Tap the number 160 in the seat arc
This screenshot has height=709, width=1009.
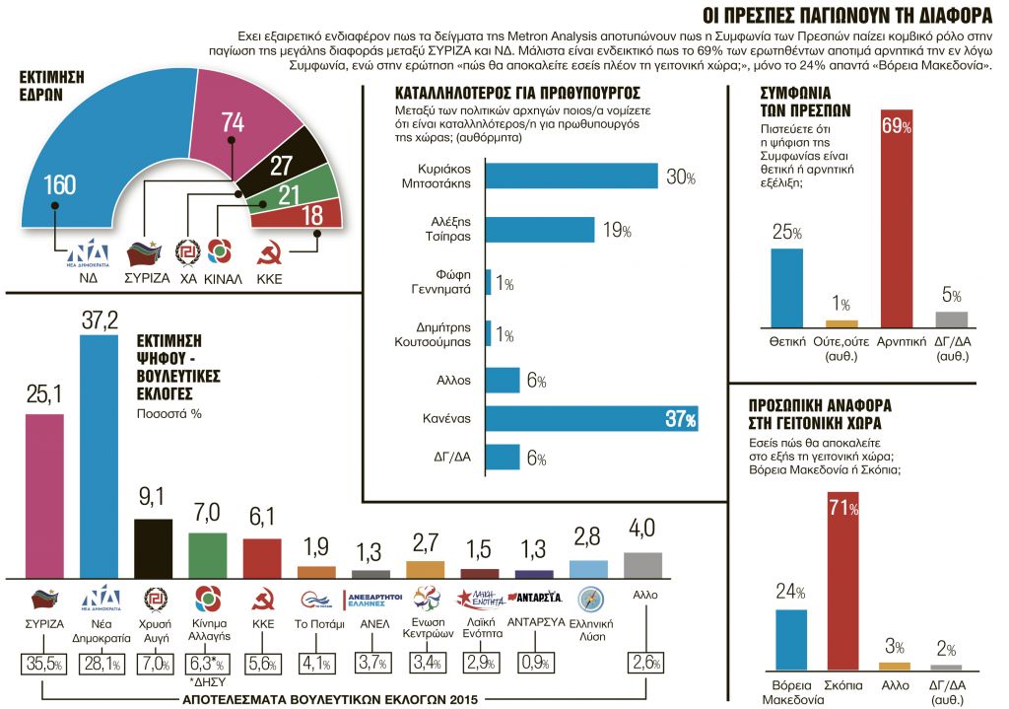(x=58, y=186)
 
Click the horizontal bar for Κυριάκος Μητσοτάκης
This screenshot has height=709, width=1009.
(x=572, y=177)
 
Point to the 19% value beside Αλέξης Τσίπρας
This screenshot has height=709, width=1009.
(x=617, y=231)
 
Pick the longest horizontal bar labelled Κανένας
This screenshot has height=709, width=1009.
(x=592, y=419)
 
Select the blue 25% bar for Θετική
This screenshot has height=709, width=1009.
(x=785, y=287)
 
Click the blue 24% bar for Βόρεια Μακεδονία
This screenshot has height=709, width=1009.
(x=791, y=639)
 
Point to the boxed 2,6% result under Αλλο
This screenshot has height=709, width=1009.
(x=643, y=664)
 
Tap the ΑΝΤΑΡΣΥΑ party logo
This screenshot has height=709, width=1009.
(x=534, y=598)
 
